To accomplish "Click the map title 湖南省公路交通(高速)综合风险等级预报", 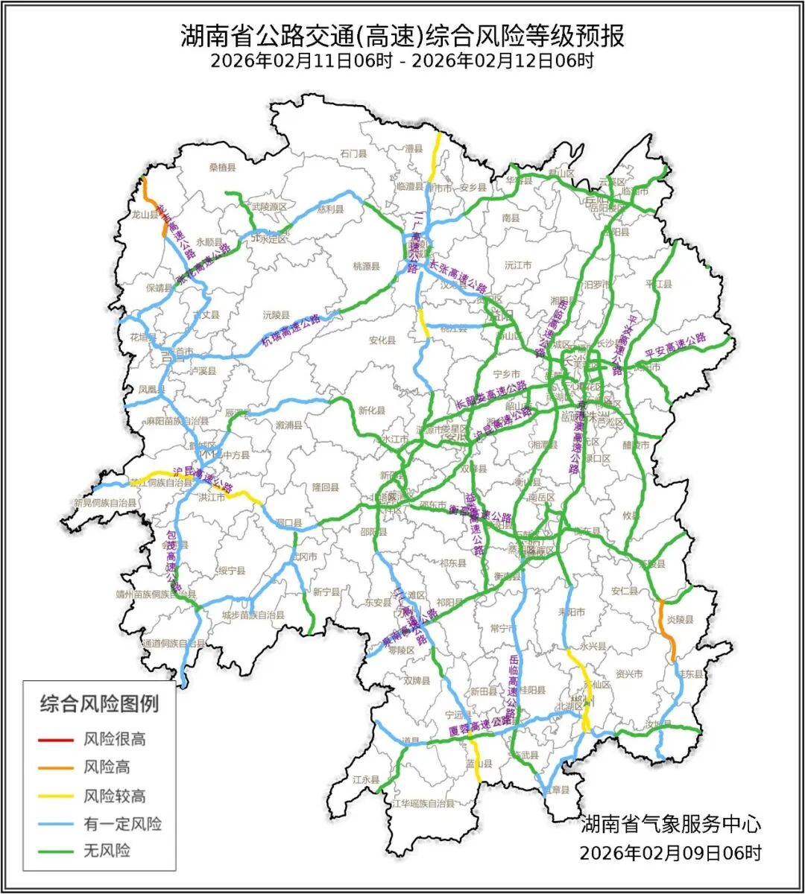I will point(402,35).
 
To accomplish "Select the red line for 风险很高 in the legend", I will point(56,740).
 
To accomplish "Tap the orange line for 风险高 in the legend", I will point(56,767).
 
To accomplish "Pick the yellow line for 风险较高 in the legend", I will point(56,796).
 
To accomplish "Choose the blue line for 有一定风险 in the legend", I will point(56,823).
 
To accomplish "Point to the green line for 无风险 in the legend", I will point(56,851).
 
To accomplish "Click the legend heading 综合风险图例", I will point(99,703).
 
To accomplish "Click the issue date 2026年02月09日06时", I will point(670,852).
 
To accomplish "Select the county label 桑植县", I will point(222,168).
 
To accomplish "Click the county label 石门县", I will point(353,154).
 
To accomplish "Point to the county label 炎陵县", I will point(680,620).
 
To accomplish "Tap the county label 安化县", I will point(382,340).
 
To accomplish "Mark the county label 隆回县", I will point(325,487).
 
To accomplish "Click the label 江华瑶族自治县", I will point(423,803).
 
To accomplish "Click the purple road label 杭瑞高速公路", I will point(291,329).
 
